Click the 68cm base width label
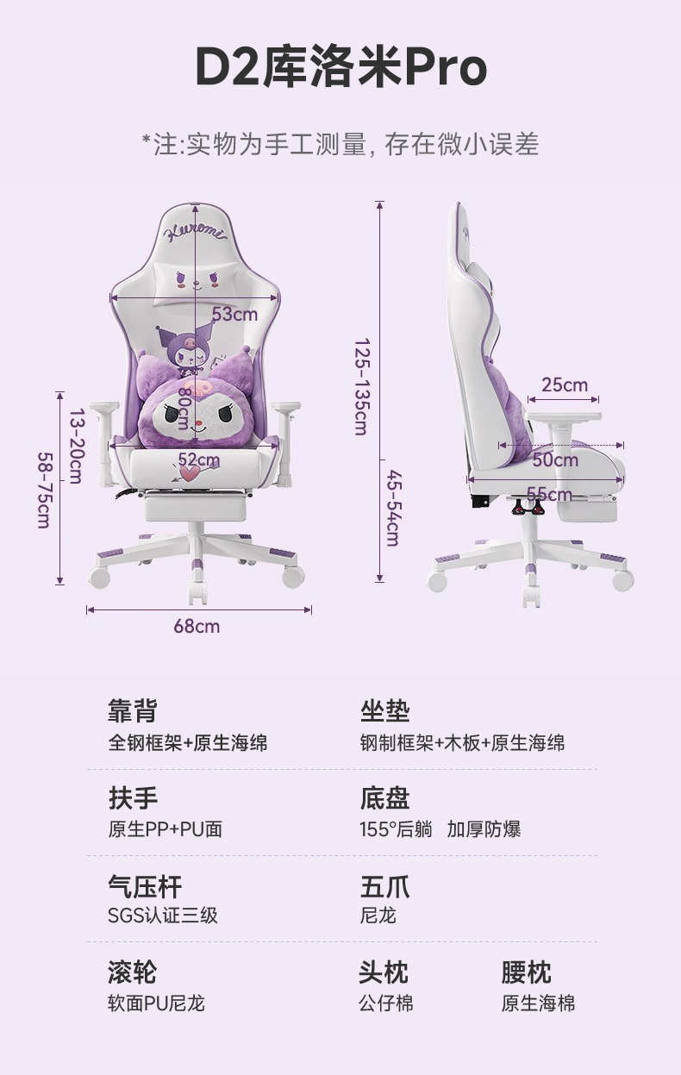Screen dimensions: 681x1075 pyautogui.click(x=197, y=626)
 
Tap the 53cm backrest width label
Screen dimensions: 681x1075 pyautogui.click(x=234, y=314)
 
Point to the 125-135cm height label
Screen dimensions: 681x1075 pyautogui.click(x=360, y=385)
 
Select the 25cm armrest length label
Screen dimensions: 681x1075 pyautogui.click(x=565, y=384)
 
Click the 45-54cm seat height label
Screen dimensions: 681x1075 pyautogui.click(x=392, y=508)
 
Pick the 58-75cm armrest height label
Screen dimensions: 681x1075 pyautogui.click(x=44, y=491)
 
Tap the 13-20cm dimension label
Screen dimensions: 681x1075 pyautogui.click(x=75, y=446)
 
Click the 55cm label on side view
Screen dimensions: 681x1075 pyautogui.click(x=549, y=494)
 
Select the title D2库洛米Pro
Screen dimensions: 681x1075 pyautogui.click(x=340, y=68)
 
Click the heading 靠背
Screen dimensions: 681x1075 pyautogui.click(x=132, y=711)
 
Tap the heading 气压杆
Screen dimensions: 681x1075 pyautogui.click(x=144, y=886)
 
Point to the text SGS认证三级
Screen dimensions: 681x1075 pyautogui.click(x=162, y=915)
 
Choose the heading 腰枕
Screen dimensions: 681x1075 pyautogui.click(x=526, y=973)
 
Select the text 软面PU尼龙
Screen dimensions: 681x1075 pyautogui.click(x=156, y=1003)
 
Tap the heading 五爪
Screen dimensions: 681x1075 pyautogui.click(x=384, y=886)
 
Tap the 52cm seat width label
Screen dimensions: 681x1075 pyautogui.click(x=198, y=459)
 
